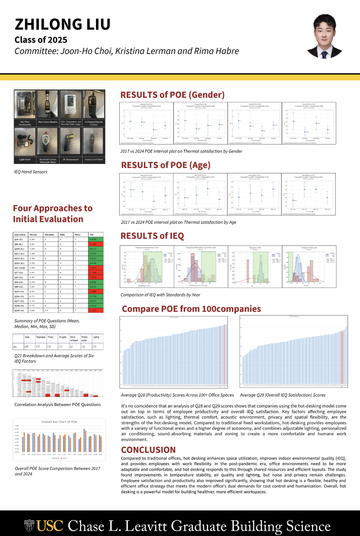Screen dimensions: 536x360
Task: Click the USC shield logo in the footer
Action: [29, 526]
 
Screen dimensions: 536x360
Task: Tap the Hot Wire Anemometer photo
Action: [25, 104]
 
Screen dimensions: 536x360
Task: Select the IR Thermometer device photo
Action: [71, 142]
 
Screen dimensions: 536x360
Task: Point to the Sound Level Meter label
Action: [94, 160]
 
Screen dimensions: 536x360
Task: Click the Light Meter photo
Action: [25, 142]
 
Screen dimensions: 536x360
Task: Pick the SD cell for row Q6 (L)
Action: [96, 244]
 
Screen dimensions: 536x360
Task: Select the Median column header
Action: [50, 235]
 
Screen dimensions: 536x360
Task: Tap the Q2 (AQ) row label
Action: [20, 268]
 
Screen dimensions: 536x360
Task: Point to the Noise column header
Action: [27, 337]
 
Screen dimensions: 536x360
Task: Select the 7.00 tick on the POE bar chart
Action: [17, 426]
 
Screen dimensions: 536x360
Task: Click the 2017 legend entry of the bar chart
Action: [64, 458]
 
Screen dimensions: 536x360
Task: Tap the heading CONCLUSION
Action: [148, 450]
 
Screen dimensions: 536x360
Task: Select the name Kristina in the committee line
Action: [129, 51]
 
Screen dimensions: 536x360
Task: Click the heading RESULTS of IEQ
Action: [152, 236]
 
